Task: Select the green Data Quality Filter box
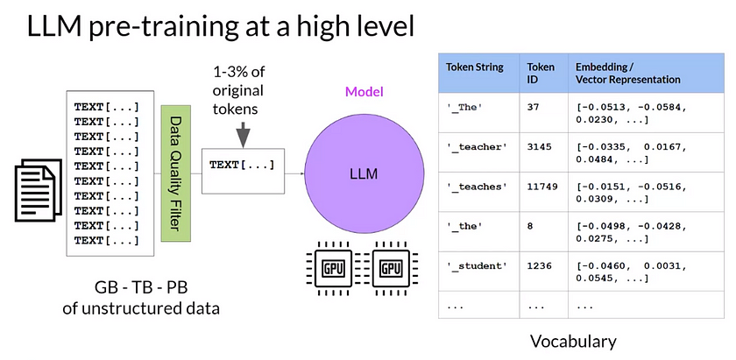(x=176, y=174)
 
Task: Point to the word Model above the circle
(x=363, y=91)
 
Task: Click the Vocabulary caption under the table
(x=573, y=341)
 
